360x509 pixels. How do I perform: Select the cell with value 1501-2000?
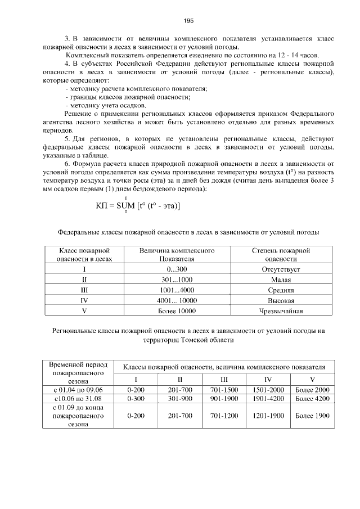point(268,389)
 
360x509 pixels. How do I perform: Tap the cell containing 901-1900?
point(225,398)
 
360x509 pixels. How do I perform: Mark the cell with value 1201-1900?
point(268,416)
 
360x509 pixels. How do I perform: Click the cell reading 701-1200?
point(225,416)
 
